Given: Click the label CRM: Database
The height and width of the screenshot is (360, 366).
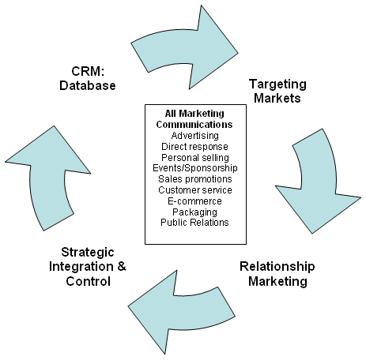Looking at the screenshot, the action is point(88,78).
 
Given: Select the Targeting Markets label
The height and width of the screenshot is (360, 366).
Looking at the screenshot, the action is point(277,91).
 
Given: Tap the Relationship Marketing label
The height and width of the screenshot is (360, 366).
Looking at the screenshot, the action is point(277,274).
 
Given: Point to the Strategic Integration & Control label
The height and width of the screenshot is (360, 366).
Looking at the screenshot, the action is point(88,267).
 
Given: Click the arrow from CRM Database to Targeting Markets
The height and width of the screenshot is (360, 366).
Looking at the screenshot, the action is point(184,47).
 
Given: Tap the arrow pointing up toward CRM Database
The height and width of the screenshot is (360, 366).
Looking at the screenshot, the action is point(47,179).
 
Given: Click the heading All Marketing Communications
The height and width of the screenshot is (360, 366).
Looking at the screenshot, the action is point(194,119).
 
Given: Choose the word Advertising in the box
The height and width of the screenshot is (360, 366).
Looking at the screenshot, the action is point(195,136).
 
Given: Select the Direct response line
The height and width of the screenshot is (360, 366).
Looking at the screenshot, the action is point(194,147).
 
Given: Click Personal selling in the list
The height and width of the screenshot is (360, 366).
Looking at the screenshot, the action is point(195,158).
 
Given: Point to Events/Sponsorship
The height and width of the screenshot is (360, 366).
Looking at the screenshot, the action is point(195,168).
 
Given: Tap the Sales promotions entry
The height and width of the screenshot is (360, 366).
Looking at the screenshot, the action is point(195,179).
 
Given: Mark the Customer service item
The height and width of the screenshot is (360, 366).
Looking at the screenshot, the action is point(195,190).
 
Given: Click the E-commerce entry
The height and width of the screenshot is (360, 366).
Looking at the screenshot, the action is point(194,201).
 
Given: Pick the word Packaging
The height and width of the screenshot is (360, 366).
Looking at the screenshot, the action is point(195,212).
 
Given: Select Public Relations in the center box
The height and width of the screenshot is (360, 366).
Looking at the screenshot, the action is point(194,223).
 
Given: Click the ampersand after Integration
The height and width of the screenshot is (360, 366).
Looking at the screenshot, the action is point(122,267).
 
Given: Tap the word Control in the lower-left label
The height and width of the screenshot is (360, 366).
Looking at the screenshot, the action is point(89,281).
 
